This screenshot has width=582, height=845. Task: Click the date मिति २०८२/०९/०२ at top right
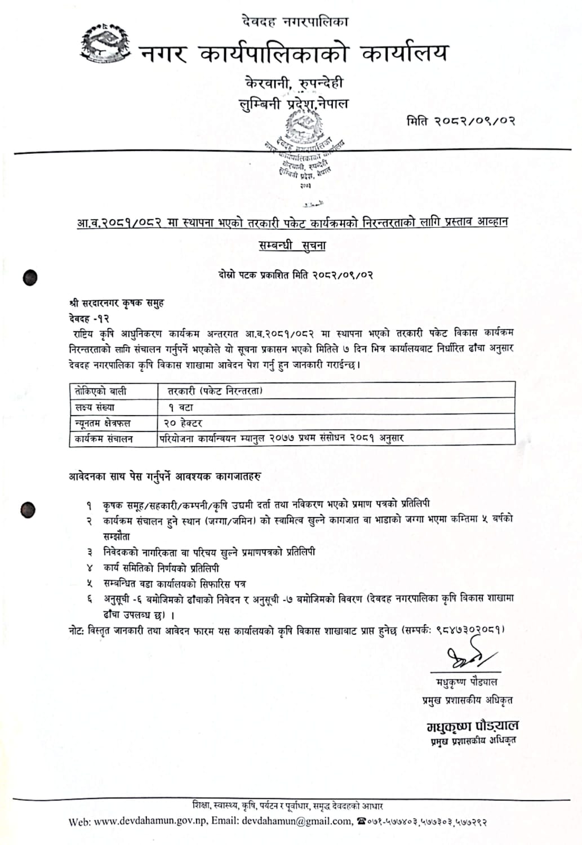pyautogui.click(x=461, y=121)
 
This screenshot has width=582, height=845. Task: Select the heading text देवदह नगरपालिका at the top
pyautogui.click(x=295, y=22)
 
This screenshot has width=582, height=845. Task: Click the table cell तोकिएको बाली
pyautogui.click(x=100, y=390)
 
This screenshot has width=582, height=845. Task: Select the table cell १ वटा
pyautogui.click(x=180, y=407)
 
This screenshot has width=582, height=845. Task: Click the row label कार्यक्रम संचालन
pyautogui.click(x=104, y=438)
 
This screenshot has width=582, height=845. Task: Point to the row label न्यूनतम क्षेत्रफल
pyautogui.click(x=103, y=422)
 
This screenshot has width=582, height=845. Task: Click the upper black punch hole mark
pyautogui.click(x=30, y=277)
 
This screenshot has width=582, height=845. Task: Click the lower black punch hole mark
pyautogui.click(x=28, y=510)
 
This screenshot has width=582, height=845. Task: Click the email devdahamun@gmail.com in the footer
pyautogui.click(x=296, y=821)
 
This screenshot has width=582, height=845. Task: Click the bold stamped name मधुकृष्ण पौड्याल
pyautogui.click(x=472, y=726)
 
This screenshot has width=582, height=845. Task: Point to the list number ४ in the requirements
pyautogui.click(x=89, y=568)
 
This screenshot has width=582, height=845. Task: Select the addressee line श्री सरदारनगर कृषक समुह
pyautogui.click(x=117, y=303)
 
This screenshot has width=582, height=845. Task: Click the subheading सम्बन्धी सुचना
pyautogui.click(x=292, y=246)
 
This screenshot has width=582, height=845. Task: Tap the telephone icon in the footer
pyautogui.click(x=362, y=821)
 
